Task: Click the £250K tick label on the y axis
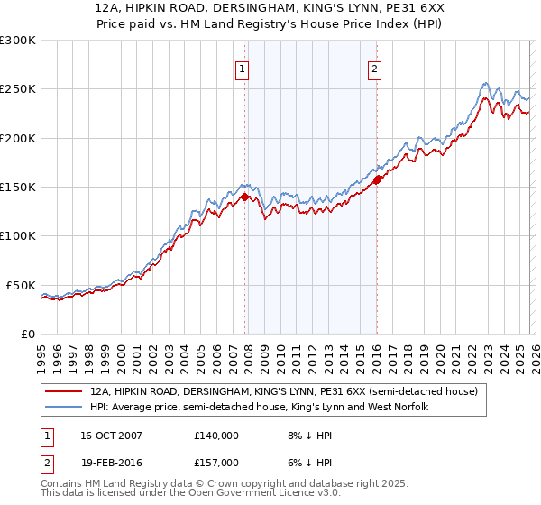coord(18,89)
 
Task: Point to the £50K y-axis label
coord(22,285)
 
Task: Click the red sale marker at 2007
coord(244,197)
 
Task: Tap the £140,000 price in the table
coord(215,436)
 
